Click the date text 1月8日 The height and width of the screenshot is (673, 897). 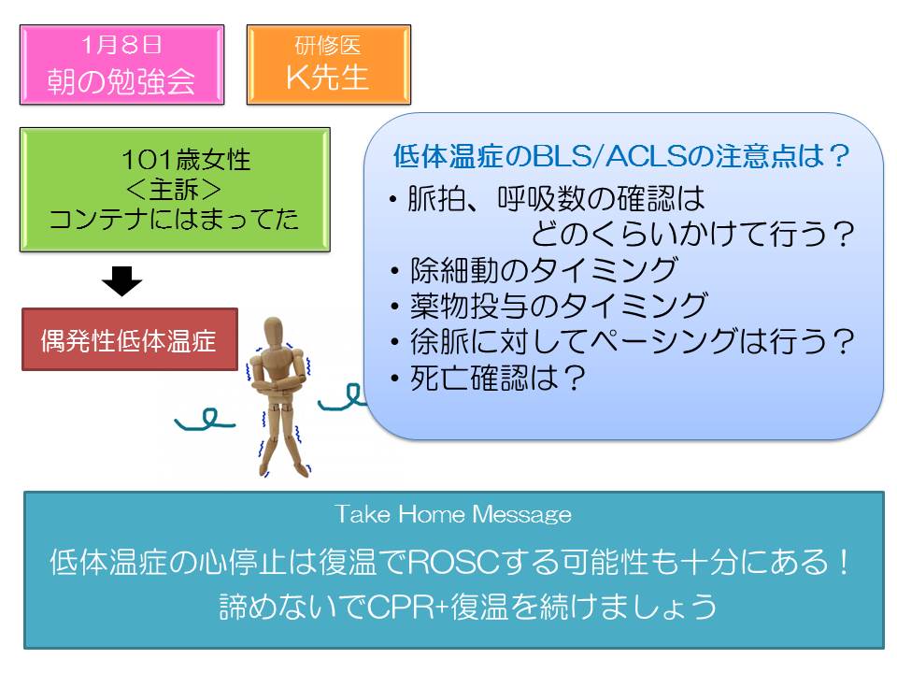[121, 45]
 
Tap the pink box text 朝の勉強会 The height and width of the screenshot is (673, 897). [121, 80]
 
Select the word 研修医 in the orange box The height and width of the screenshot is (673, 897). [328, 45]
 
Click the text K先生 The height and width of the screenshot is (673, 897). [327, 78]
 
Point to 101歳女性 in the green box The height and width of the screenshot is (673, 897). [186, 159]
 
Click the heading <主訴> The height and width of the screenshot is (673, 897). [174, 190]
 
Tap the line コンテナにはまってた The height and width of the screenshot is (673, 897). [174, 219]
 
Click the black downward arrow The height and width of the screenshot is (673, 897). [121, 280]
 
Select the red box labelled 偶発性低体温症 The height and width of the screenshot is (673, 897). [130, 339]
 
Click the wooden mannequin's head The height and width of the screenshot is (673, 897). [274, 333]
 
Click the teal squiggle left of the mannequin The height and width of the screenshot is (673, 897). [205, 420]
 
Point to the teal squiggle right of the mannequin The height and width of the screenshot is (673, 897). [341, 397]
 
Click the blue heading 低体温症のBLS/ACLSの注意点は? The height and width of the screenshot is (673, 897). [620, 156]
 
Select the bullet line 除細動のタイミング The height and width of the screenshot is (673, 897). [544, 270]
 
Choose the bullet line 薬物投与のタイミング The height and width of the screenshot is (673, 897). [559, 306]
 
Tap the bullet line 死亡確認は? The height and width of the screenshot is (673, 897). [497, 378]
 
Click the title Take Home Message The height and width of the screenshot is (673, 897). [453, 514]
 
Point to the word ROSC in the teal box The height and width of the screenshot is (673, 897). [456, 562]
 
